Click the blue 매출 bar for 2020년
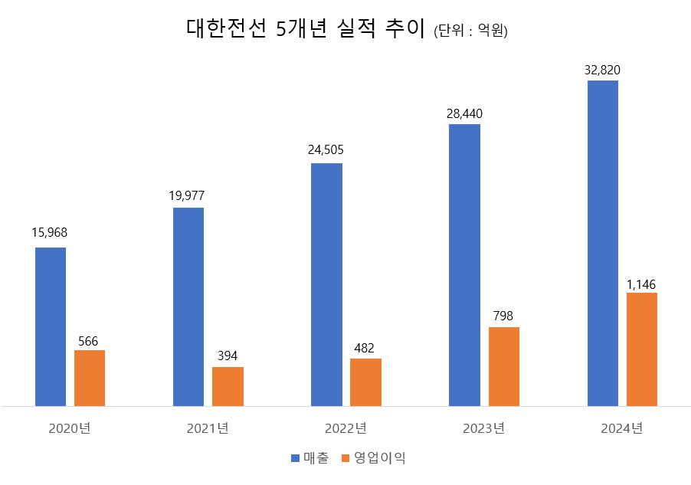click(51, 326)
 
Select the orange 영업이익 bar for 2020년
click(90, 378)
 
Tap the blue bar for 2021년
click(188, 306)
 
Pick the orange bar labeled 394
click(228, 386)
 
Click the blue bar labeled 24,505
click(326, 284)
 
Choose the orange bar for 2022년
click(365, 382)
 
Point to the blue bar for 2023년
click(464, 264)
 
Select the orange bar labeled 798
click(503, 366)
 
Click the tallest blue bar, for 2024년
click(602, 243)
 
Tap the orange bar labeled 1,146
click(641, 349)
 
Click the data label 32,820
click(602, 70)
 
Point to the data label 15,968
click(50, 233)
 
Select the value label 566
click(88, 341)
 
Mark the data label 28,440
click(464, 113)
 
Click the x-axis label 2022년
click(345, 428)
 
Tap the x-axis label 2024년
click(621, 428)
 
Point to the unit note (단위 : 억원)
click(470, 31)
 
